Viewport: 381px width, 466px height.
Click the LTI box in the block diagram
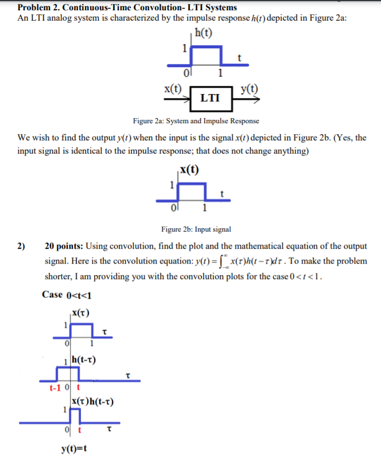click(210, 97)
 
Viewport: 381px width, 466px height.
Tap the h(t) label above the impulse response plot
click(203, 32)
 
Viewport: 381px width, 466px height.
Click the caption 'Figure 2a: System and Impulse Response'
click(196, 121)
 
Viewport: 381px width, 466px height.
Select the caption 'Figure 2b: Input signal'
click(196, 229)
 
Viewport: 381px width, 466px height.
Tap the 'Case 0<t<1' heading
click(67, 295)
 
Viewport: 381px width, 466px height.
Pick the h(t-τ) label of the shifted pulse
click(84, 360)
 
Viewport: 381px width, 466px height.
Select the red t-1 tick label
click(55, 387)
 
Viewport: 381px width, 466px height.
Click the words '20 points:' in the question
click(64, 246)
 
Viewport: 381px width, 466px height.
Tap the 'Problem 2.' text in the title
click(37, 8)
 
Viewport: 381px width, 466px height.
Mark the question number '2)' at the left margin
click(21, 246)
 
